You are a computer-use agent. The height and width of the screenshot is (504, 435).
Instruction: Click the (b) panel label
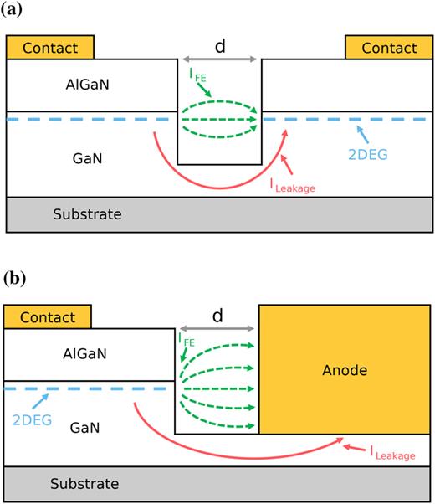(13, 277)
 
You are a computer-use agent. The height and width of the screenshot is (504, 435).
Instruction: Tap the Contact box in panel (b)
(47, 318)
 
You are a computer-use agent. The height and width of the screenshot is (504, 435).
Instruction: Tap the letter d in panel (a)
(220, 47)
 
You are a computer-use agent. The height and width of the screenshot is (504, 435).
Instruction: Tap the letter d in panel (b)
(217, 316)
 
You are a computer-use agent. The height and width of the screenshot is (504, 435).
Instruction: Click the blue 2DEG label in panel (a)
(370, 155)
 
